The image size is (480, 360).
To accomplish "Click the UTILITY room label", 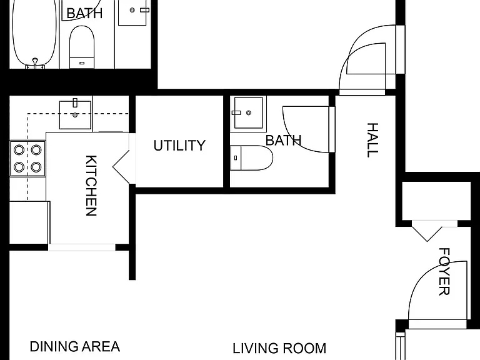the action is click(x=179, y=146).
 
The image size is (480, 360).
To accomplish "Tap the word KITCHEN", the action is click(x=91, y=186).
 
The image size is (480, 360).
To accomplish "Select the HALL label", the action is click(x=372, y=140).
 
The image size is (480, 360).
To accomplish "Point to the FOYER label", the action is click(x=444, y=271).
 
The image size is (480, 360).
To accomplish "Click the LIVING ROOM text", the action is click(x=279, y=348).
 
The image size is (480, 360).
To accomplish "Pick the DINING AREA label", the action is click(x=75, y=346).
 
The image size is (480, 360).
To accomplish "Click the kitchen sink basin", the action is click(x=75, y=115).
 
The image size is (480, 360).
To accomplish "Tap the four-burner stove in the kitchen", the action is click(x=27, y=159).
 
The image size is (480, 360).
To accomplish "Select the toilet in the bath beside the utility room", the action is click(x=251, y=158).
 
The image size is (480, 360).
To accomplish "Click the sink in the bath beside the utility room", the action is click(x=248, y=112).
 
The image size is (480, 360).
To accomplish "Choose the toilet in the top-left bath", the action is click(x=82, y=47).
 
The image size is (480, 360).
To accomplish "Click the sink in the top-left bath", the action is click(x=132, y=12).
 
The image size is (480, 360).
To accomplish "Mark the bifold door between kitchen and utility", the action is click(x=122, y=167).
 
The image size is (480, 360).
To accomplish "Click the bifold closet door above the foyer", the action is click(x=427, y=234).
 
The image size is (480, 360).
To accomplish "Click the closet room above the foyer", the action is click(x=436, y=201).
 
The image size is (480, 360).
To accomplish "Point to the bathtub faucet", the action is click(x=35, y=62).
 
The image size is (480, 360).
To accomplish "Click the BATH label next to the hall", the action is click(x=284, y=141).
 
